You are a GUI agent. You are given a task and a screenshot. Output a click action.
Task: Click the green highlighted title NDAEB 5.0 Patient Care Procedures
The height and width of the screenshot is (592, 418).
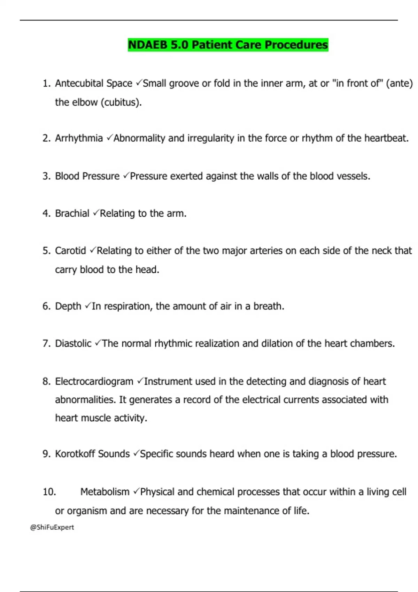[228, 45]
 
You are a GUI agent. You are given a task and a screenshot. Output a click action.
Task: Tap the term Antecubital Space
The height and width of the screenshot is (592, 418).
[93, 84]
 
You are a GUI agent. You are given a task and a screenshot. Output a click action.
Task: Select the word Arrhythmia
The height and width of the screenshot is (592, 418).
[79, 138]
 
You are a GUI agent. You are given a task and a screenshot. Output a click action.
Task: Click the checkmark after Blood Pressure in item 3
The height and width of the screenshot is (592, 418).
[126, 176]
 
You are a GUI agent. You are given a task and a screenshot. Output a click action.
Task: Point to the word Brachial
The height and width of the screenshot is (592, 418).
[72, 213]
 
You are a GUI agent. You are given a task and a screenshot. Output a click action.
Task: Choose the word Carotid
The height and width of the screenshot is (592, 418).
[70, 251]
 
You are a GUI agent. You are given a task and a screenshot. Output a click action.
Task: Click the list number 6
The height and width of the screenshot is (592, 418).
[46, 306]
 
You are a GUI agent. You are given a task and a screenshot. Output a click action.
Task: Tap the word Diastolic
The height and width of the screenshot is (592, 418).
[73, 344]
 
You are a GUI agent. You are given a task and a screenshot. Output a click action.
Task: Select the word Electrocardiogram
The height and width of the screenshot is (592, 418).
[94, 381]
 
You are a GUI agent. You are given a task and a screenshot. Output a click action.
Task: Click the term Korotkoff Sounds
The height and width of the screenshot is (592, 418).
[92, 454]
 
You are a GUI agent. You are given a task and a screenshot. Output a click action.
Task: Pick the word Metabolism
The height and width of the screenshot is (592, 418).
[104, 492]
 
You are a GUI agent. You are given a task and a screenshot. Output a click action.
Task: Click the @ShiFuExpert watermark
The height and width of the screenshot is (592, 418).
[52, 527]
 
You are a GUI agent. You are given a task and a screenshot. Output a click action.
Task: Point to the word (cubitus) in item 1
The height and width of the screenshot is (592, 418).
[121, 102]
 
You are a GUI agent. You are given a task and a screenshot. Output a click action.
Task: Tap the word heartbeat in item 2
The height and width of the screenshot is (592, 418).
[386, 138]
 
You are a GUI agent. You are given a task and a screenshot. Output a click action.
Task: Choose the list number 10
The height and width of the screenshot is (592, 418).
[49, 492]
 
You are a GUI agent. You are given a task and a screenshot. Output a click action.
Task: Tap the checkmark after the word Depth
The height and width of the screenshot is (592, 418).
[87, 306]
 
